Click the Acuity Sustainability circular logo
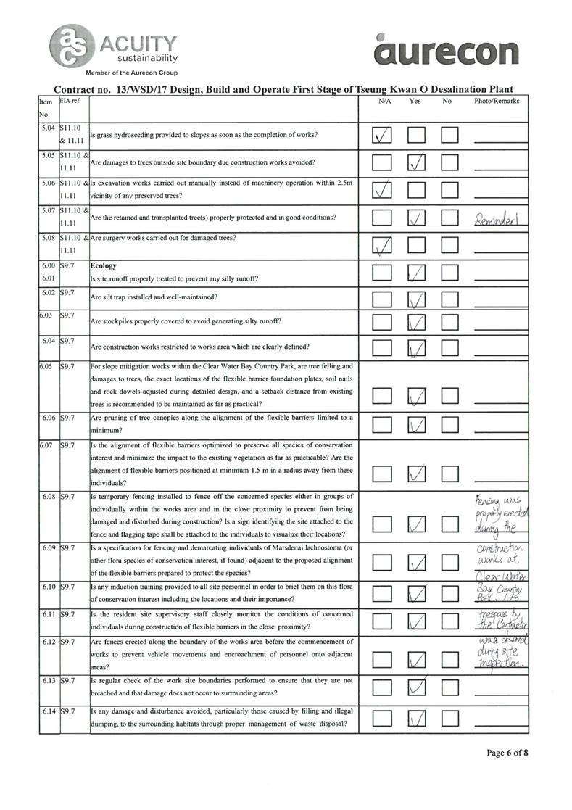click(x=70, y=43)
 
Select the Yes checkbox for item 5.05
click(x=416, y=162)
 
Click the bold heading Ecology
click(x=103, y=266)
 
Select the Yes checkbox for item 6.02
click(x=416, y=298)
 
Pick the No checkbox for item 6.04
click(x=451, y=350)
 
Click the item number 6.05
click(x=48, y=366)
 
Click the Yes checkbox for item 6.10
click(x=416, y=594)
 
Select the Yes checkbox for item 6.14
click(x=416, y=719)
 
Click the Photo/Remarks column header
click(x=497, y=102)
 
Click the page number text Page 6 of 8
click(x=507, y=753)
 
